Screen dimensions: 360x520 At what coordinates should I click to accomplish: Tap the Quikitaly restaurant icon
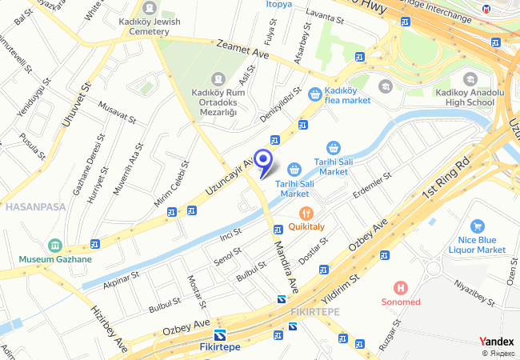[x=305, y=213]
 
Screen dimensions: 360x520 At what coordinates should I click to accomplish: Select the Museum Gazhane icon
[x=55, y=245]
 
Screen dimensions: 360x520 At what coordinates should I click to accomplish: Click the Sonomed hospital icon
[x=402, y=286]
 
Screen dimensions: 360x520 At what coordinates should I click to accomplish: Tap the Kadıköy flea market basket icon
[x=315, y=94]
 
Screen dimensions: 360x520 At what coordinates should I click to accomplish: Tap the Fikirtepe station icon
[x=218, y=334]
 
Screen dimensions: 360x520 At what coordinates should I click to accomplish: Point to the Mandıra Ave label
[x=286, y=268]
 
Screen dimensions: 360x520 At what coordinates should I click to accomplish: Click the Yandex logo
[x=496, y=341]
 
